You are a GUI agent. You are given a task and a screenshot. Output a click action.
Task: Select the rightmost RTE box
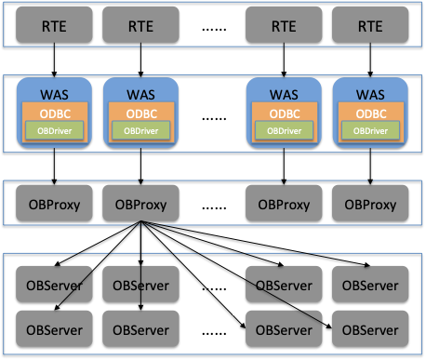tap(369, 24)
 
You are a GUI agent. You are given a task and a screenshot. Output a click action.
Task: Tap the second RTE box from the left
tap(140, 24)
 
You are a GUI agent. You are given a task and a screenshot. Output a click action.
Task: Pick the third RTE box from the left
tap(283, 24)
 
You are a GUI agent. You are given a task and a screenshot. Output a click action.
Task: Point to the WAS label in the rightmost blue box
tap(369, 94)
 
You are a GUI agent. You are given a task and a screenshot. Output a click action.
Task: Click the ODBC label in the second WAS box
tap(140, 112)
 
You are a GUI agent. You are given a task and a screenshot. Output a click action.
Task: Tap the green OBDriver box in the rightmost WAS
tap(369, 130)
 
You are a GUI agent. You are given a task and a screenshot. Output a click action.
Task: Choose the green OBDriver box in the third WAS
tap(283, 130)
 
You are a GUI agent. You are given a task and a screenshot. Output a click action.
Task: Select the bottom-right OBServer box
tap(369, 328)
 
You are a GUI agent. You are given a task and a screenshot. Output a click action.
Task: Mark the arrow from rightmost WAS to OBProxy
tap(369, 167)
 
